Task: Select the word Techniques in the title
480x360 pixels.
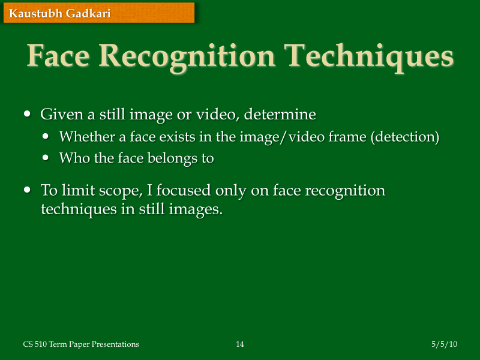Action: [369, 57]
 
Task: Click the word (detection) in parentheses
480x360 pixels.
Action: [404, 137]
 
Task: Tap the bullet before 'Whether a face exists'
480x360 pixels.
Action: [47, 137]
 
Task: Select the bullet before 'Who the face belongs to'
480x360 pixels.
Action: [47, 158]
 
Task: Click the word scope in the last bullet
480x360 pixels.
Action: [120, 191]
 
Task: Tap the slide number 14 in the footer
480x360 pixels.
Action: [240, 344]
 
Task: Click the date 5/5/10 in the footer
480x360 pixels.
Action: [444, 344]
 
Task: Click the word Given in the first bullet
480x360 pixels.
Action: [58, 113]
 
